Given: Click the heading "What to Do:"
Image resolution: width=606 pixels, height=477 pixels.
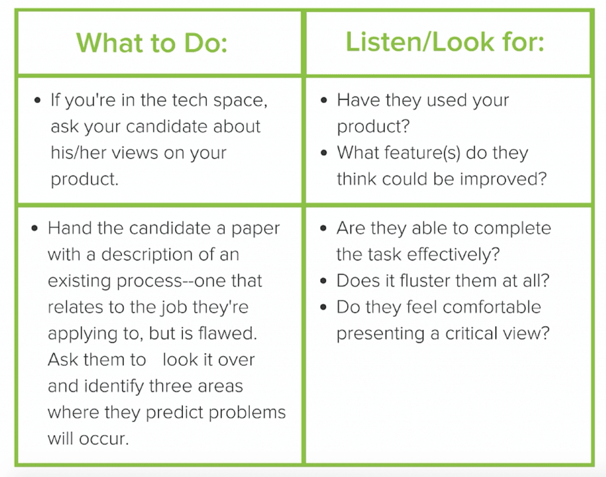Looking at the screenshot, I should pos(152,43).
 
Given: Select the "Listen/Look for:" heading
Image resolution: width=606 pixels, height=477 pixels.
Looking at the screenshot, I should pos(444,43).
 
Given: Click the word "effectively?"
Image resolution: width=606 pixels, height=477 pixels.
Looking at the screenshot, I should pos(449,254).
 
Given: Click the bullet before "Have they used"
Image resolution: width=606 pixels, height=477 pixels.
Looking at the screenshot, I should pos(324,101).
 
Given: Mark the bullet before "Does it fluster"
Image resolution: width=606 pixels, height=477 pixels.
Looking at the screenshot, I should pos(324,281).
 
